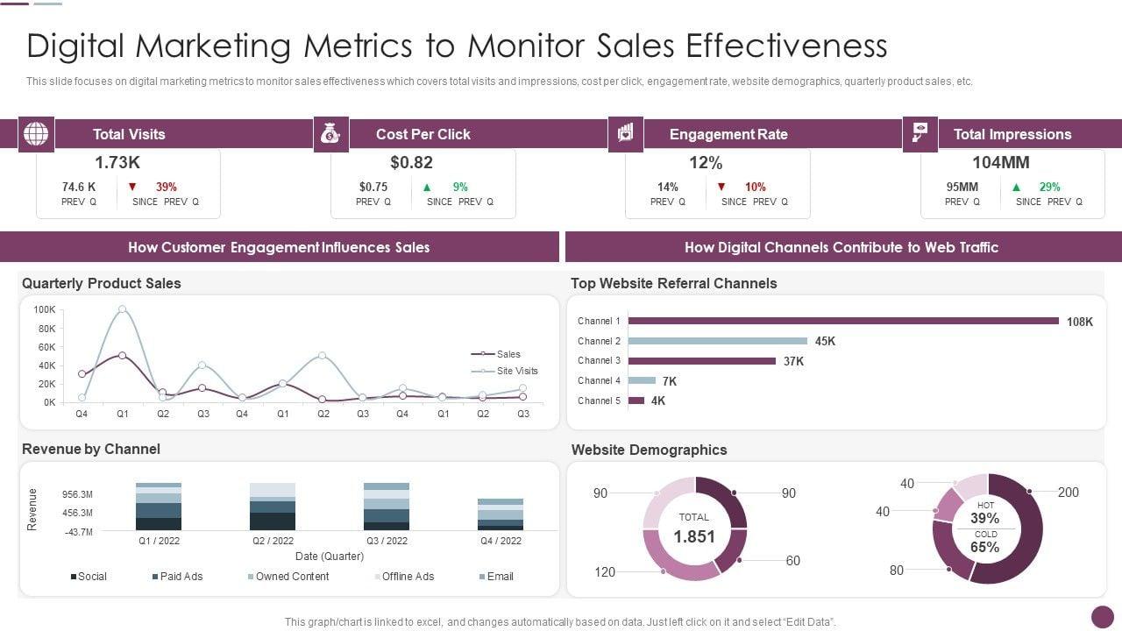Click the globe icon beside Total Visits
coord(36,134)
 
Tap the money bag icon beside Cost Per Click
coord(330,134)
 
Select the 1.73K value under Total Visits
coord(117,162)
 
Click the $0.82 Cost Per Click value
coord(412,162)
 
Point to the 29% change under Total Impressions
coord(1049,187)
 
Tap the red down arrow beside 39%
coord(132,187)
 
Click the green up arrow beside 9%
coord(427,187)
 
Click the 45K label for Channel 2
coord(825,341)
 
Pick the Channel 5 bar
coord(636,401)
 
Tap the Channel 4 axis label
coord(599,380)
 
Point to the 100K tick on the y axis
coord(45,309)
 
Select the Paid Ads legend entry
coord(181,576)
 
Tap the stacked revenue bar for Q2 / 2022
coord(273,507)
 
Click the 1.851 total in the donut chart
coord(694,536)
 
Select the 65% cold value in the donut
coord(985,548)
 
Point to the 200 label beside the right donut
coord(1069,493)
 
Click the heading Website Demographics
coord(649,450)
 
